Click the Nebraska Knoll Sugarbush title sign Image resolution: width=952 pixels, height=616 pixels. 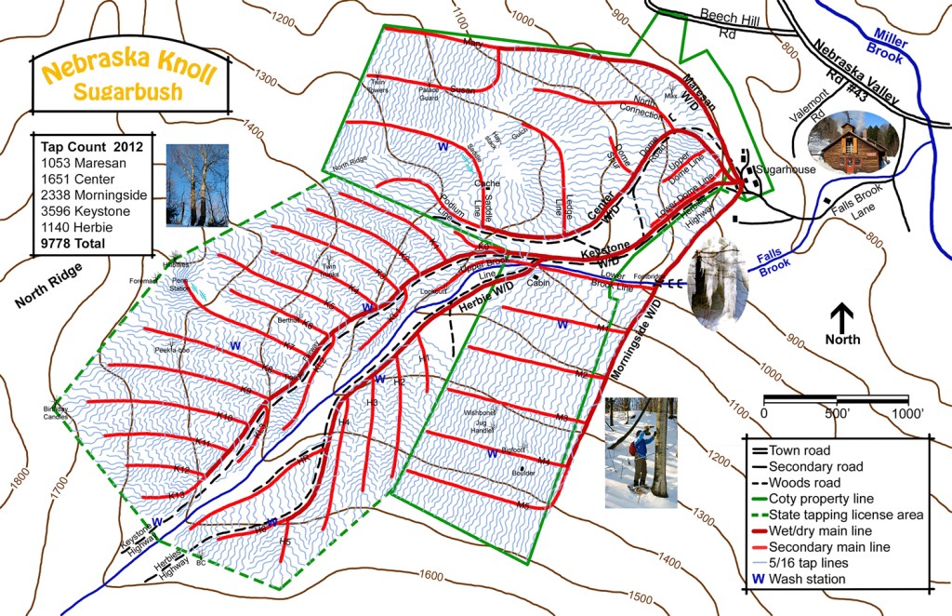coord(129,81)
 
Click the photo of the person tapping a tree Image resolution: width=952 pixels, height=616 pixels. coord(641,452)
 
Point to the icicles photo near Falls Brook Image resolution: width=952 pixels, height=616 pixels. coord(717,284)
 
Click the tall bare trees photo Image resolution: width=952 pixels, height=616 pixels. coord(197,185)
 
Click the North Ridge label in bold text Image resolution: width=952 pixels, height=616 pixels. coord(48,286)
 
